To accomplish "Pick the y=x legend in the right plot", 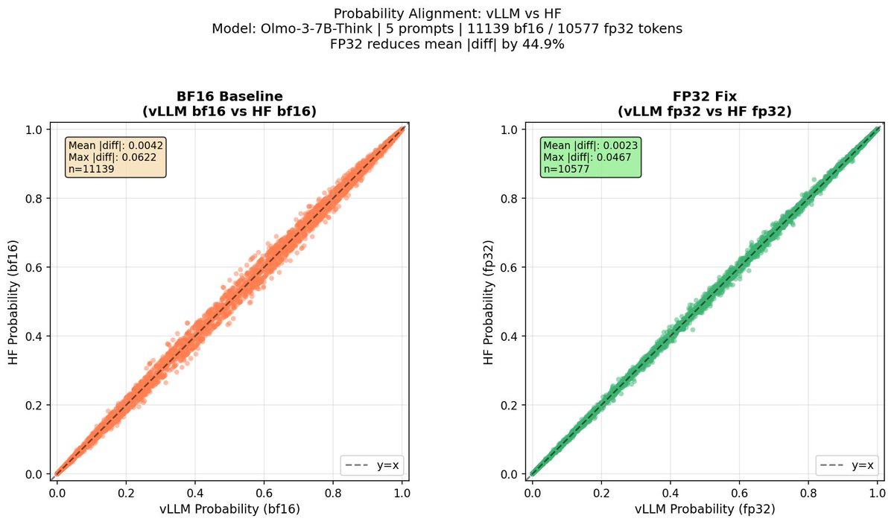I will pos(846,466).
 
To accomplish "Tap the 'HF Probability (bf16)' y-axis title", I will pos(13,301).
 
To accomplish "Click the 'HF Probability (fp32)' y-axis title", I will pos(489,301).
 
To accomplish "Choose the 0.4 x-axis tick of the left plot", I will pos(195,492).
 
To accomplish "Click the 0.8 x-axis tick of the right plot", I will pos(808,492).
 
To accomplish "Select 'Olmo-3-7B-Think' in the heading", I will pos(379,28).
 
